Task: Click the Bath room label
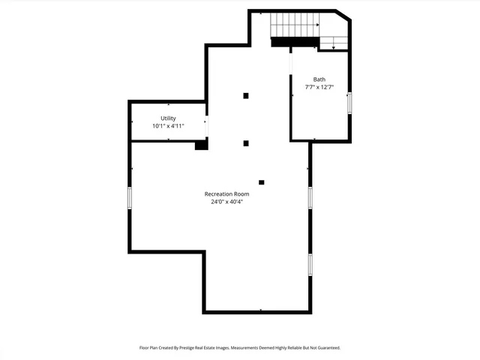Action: pyautogui.click(x=319, y=79)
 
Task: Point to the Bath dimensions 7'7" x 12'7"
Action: pyautogui.click(x=319, y=88)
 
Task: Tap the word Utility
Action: pyautogui.click(x=168, y=118)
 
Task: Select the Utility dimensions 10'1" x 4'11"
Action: pyautogui.click(x=168, y=126)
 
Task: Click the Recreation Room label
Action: pyautogui.click(x=226, y=193)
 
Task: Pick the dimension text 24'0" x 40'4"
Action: pyautogui.click(x=226, y=202)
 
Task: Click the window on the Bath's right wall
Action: pyautogui.click(x=349, y=103)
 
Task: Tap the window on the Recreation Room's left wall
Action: pyautogui.click(x=130, y=198)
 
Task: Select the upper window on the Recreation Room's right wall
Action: pyautogui.click(x=310, y=196)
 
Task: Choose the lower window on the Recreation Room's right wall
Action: pyautogui.click(x=310, y=264)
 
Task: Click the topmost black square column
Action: pyautogui.click(x=245, y=95)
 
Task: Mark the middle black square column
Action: pyautogui.click(x=245, y=143)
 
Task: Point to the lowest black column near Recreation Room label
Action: pyautogui.click(x=261, y=181)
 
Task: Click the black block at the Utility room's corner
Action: pyautogui.click(x=201, y=145)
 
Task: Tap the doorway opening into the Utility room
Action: pyautogui.click(x=207, y=126)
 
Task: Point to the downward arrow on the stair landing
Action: pyautogui.click(x=333, y=46)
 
